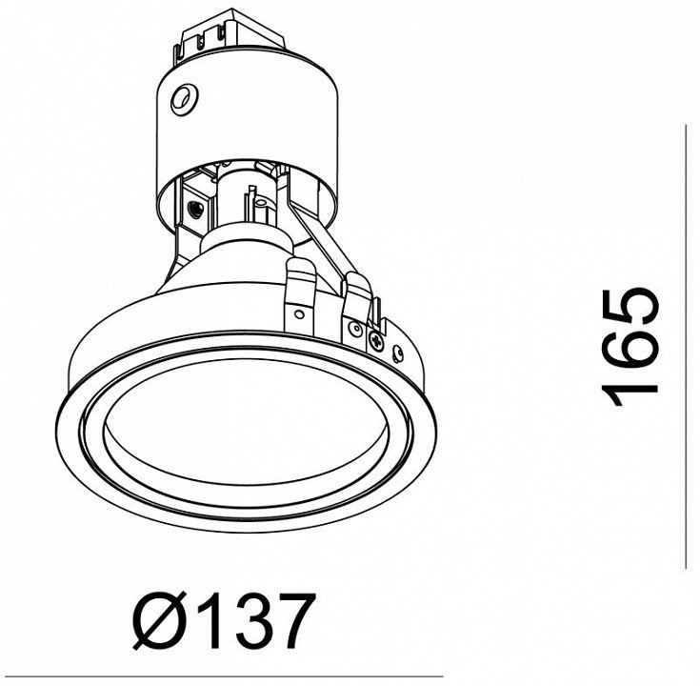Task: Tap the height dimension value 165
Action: (630, 348)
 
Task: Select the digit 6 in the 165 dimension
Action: (630, 348)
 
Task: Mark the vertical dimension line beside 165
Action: (686, 347)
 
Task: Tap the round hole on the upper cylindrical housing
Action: (183, 100)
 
